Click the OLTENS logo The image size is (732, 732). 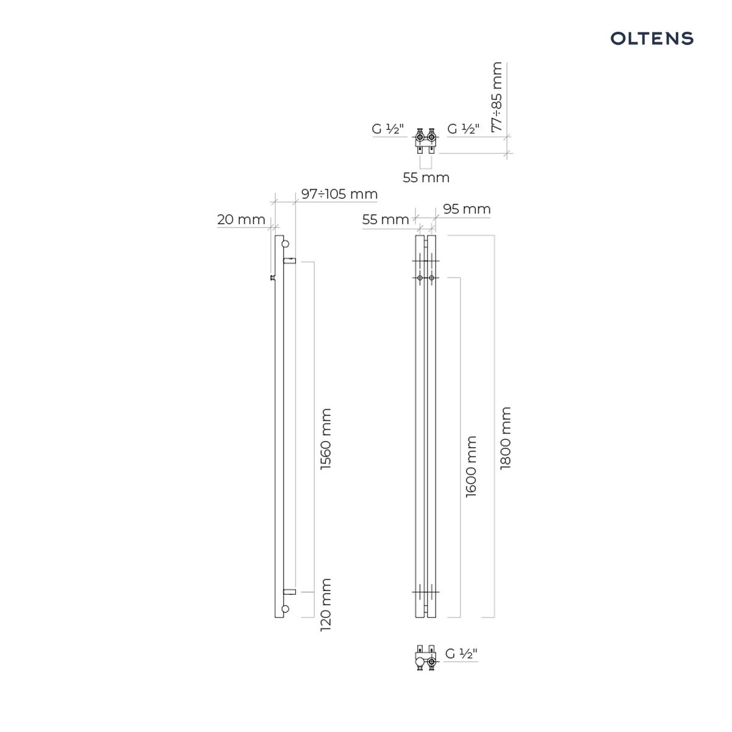tap(651, 38)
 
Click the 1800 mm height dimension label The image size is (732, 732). tap(506, 439)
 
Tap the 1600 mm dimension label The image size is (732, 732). tap(471, 467)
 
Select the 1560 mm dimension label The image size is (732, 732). tap(326, 439)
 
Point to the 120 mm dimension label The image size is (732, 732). tap(326, 605)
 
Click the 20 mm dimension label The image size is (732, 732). tap(241, 220)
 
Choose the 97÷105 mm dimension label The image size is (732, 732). tap(339, 194)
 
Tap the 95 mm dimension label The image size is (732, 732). tap(467, 209)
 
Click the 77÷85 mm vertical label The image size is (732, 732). tap(497, 97)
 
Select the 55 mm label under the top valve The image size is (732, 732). tap(426, 178)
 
